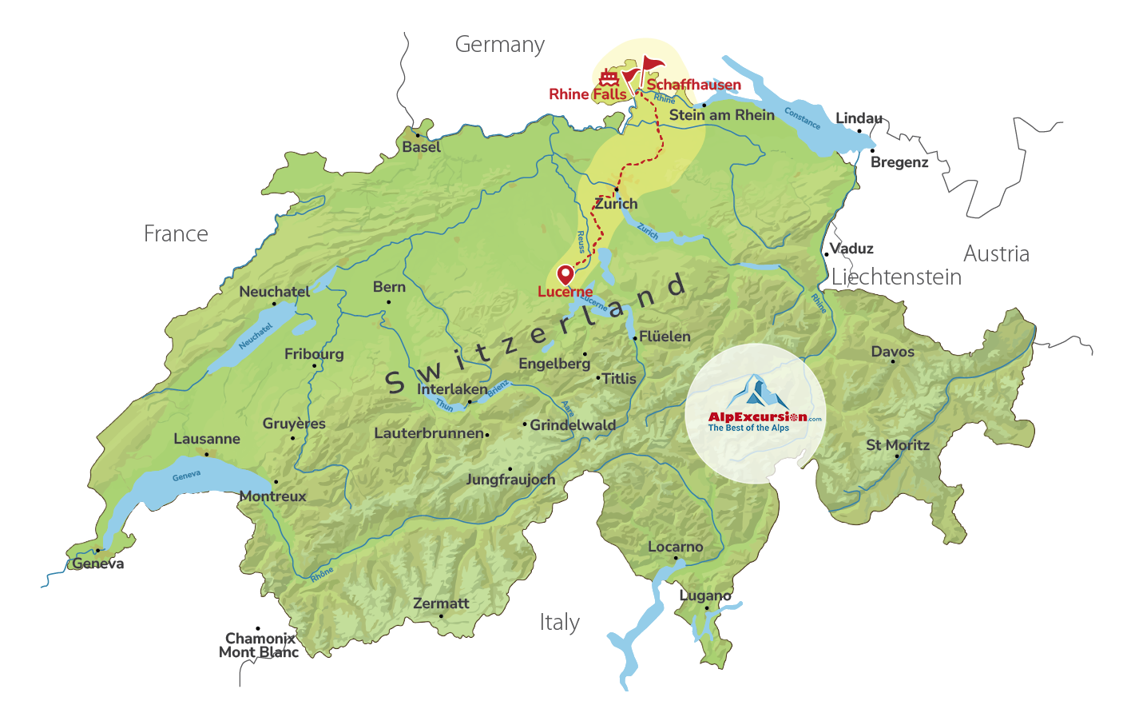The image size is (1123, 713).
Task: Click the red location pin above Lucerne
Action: tap(565, 274)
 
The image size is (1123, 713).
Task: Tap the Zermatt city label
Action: tap(441, 603)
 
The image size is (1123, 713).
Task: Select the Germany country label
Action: tap(500, 45)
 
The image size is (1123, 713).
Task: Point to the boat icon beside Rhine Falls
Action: tap(609, 78)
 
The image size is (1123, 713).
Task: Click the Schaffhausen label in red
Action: tap(693, 85)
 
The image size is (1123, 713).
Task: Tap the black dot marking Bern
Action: tap(388, 302)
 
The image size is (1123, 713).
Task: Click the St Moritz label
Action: tap(898, 445)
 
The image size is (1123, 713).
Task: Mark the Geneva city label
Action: tap(98, 564)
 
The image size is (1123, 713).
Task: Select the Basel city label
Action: tap(421, 147)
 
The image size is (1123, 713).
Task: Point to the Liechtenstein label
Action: tap(896, 277)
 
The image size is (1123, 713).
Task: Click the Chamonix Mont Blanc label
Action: tap(259, 645)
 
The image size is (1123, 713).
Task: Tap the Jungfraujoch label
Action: tap(510, 480)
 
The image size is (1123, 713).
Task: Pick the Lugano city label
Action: tap(705, 595)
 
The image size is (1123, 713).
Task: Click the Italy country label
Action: tap(559, 622)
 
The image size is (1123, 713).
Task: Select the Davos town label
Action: tap(892, 352)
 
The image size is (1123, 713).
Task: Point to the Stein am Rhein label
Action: tap(722, 115)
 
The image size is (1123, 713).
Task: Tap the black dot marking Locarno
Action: tap(676, 558)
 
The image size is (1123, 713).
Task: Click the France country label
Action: tap(176, 233)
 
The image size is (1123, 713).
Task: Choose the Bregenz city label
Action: tap(899, 162)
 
